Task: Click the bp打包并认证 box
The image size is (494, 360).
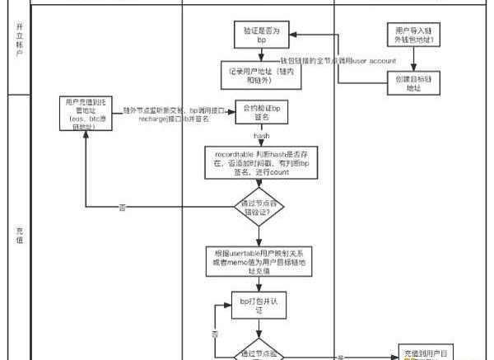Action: pyautogui.click(x=257, y=306)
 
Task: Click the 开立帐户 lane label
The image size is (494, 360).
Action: pyautogui.click(x=18, y=40)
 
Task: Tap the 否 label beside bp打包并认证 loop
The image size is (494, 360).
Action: pyautogui.click(x=215, y=334)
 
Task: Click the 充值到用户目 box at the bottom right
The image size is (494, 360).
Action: pyautogui.click(x=426, y=352)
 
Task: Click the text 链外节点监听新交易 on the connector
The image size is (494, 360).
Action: pyautogui.click(x=153, y=110)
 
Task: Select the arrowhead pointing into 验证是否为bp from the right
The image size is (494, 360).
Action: pyautogui.click(x=290, y=34)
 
